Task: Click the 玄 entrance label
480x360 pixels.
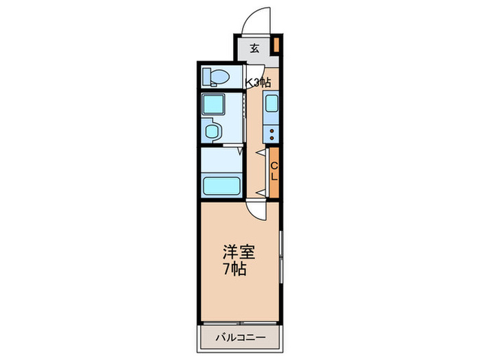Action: [x=254, y=48]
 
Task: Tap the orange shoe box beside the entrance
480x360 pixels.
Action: [x=276, y=46]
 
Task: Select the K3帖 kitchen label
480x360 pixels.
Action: [x=259, y=83]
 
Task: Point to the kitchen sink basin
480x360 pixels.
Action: [x=271, y=105]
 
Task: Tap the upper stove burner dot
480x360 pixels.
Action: [x=272, y=129]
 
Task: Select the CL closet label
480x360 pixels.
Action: [x=274, y=171]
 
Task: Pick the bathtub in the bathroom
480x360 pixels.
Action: [x=220, y=185]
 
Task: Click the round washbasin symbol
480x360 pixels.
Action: [x=213, y=131]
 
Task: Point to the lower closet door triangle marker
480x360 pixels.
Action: [x=259, y=191]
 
